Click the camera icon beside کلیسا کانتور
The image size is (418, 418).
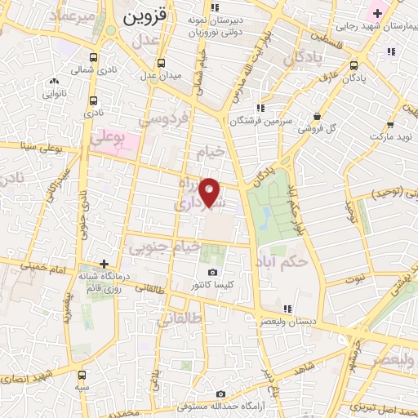tap(212, 272)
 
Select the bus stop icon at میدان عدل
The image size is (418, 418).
tap(162, 63)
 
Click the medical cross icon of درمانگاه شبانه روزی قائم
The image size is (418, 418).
tap(103, 264)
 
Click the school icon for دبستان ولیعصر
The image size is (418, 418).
tap(287, 309)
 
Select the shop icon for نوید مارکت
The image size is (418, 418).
tap(391, 125)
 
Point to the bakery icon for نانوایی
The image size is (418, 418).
tap(55, 81)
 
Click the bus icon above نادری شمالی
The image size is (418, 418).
tap(95, 58)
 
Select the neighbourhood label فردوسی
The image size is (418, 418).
tap(163, 118)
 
